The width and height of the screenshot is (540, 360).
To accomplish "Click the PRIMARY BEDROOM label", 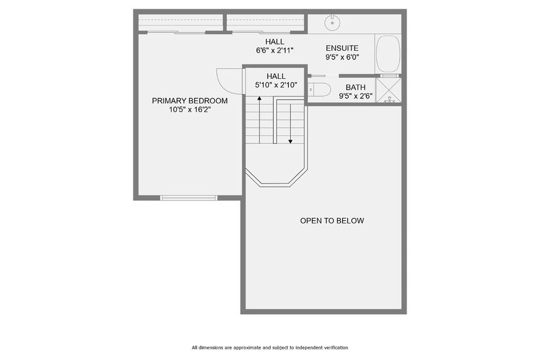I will point(190,100).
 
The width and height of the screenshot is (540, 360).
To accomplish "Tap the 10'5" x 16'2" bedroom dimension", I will point(190,110).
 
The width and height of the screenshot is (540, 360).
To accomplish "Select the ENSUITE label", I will point(342,48).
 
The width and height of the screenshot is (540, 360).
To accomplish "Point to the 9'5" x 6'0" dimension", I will point(342,57).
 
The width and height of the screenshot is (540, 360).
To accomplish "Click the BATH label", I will point(355,87).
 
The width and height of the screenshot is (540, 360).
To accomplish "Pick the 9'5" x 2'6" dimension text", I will point(355,96).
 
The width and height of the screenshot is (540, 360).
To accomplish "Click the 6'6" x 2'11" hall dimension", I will point(274,50).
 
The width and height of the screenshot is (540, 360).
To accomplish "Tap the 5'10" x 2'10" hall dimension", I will point(276,85).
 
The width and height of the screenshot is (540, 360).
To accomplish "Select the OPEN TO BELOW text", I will point(331,220).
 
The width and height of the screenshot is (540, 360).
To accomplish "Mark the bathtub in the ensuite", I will point(388,54).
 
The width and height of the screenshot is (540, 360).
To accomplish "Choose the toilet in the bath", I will point(319,90).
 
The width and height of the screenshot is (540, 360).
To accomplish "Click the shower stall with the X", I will point(388,90).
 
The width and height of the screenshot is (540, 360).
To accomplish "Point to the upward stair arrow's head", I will point(259,98).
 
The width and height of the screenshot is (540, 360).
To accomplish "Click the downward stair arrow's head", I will point(291,141).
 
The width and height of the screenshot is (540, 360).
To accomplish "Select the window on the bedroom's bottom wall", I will point(189,198).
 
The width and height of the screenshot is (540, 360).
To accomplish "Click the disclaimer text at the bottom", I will point(269,347).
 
